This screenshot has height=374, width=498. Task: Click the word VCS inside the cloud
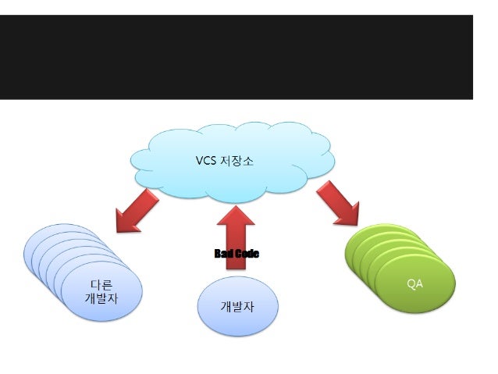206,161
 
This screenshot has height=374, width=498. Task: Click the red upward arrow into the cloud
237,234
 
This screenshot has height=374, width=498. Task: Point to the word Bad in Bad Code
224,254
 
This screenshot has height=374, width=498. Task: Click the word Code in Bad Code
247,254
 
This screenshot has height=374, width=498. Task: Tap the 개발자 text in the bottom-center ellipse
237,306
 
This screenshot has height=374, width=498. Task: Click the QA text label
414,283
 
